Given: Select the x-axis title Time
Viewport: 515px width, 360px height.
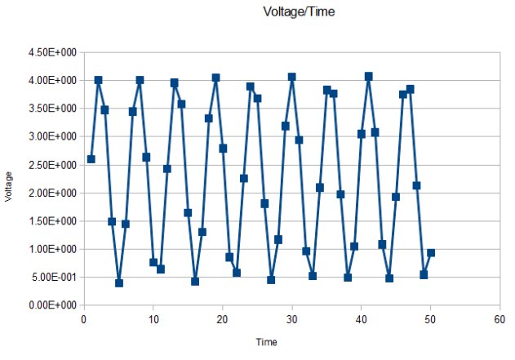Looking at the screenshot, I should (266, 342).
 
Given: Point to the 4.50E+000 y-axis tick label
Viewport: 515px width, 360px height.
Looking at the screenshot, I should (51, 53).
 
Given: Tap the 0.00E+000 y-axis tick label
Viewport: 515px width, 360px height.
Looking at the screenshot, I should (51, 305).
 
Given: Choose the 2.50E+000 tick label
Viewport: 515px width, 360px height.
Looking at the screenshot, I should (51, 165).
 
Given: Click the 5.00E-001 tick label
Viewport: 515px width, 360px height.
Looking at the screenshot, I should (51, 278).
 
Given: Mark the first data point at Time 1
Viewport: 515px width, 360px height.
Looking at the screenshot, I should (91, 159).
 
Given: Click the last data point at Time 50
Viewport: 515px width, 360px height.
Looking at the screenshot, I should (431, 253).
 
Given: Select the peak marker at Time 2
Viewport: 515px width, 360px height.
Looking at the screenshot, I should (98, 80).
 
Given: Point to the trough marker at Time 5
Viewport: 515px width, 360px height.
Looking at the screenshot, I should (119, 283).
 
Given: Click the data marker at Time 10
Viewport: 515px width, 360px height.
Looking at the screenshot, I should (153, 262).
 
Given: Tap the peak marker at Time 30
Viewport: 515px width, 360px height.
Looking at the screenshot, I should (292, 77).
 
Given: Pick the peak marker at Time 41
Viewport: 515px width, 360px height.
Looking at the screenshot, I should (368, 76).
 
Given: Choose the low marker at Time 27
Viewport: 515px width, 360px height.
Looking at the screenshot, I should (271, 280).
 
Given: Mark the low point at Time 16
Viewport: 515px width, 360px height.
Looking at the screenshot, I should (195, 282).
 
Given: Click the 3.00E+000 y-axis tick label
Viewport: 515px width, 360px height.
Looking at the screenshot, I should (51, 137).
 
